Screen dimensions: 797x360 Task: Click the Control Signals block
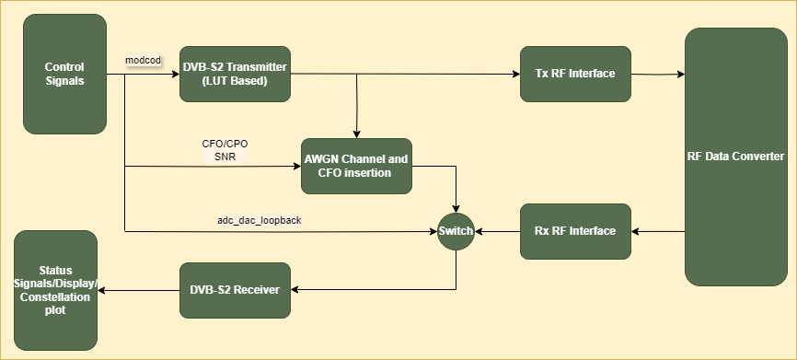point(64,75)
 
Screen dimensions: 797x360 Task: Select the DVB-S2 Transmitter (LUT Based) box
point(235,75)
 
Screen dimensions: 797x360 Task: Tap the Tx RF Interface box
point(575,75)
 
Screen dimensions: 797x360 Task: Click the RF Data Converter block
point(736,157)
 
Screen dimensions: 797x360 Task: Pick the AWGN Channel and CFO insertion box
point(356,167)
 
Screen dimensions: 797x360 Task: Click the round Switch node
point(456,231)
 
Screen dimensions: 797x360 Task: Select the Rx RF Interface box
point(575,231)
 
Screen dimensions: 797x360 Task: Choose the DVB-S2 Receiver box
point(235,290)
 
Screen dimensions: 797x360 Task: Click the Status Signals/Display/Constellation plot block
point(55,290)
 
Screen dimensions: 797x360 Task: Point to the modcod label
point(144,61)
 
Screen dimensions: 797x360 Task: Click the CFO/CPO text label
point(225,144)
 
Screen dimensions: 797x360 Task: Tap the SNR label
point(225,157)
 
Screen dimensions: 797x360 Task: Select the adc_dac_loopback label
point(260,221)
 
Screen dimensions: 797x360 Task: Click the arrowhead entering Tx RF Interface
point(516,75)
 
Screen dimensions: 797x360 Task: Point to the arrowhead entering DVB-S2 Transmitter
point(176,75)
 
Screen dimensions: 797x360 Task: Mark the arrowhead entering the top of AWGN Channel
point(356,134)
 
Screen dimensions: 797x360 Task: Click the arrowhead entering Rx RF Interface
point(635,232)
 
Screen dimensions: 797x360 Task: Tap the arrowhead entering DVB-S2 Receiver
point(295,290)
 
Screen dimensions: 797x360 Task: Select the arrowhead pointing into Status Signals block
point(101,291)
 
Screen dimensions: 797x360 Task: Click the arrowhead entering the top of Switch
point(456,209)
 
